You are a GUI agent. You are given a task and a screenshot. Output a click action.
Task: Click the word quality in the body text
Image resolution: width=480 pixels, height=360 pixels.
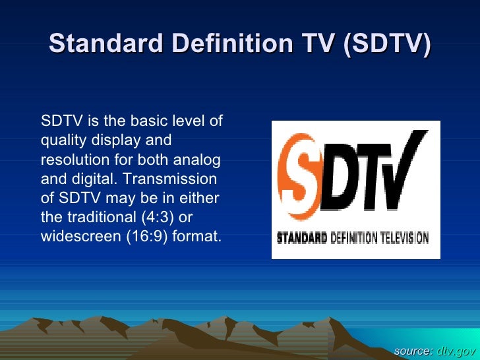point(60,140)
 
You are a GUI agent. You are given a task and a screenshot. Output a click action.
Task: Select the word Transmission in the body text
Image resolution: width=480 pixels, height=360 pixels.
point(177,179)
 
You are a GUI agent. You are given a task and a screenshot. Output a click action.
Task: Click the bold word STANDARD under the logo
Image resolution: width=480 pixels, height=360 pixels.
point(302,237)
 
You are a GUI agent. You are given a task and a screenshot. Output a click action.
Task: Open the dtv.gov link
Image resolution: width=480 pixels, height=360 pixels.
point(456,349)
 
